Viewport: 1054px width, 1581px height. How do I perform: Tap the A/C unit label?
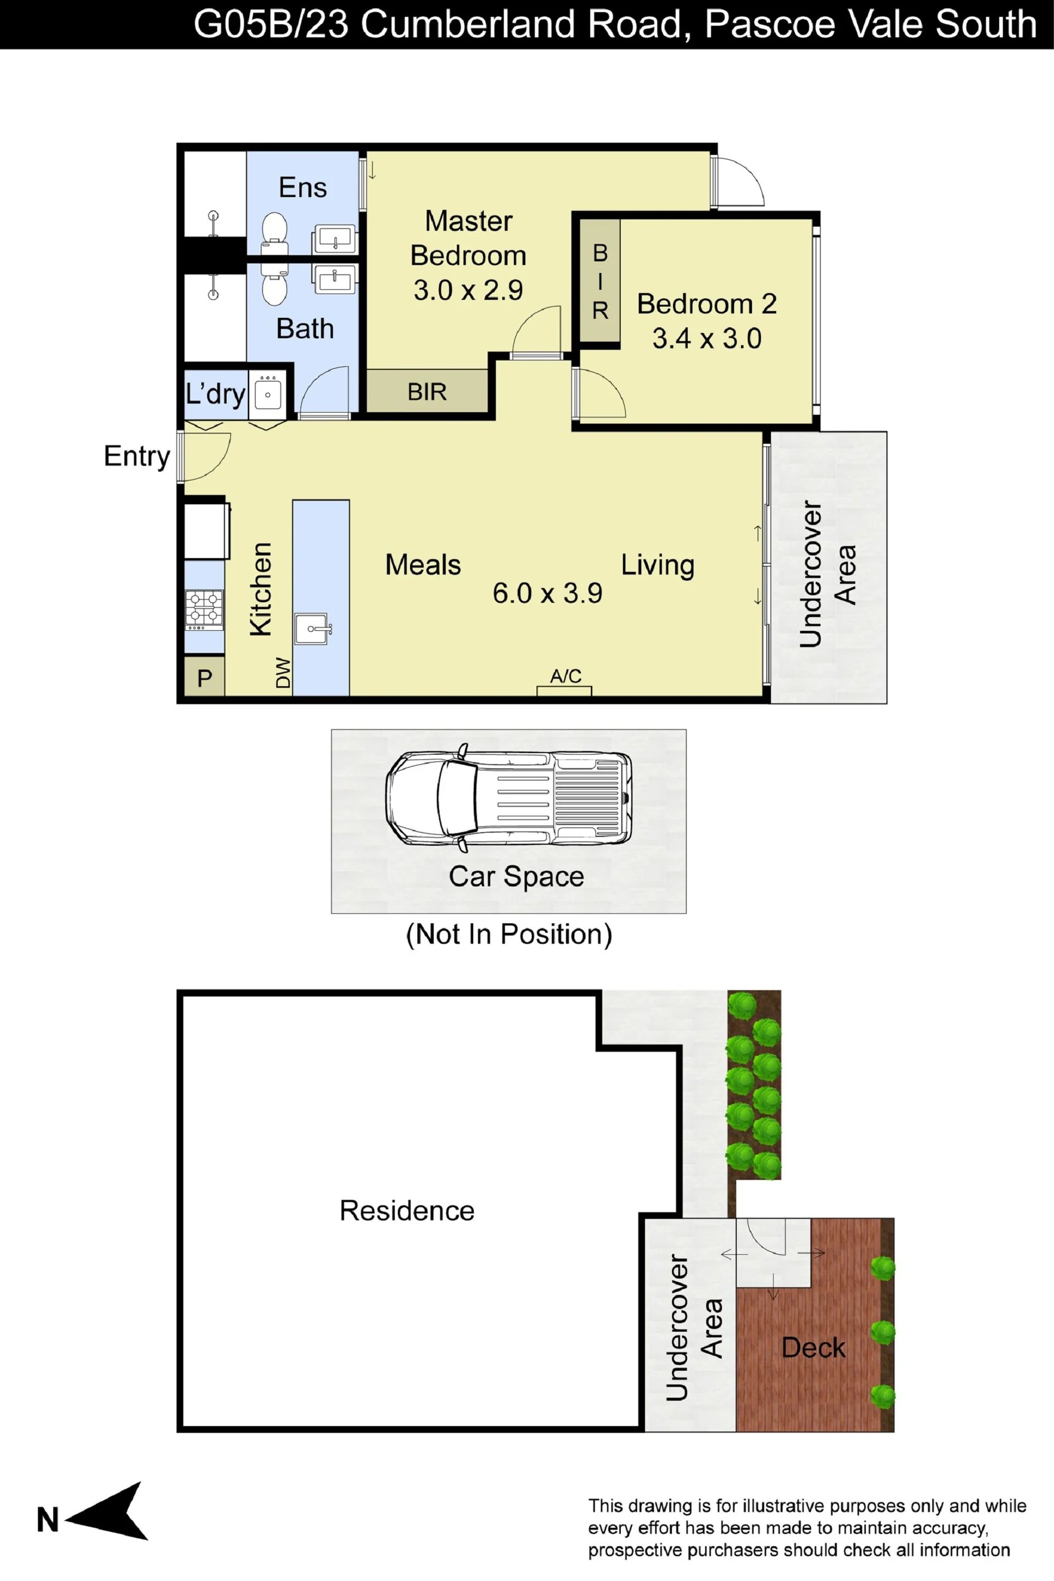point(565,676)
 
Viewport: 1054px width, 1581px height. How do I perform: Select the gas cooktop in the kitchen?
point(204,609)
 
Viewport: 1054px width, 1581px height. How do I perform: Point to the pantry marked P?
point(204,677)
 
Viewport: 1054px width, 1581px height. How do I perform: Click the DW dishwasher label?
point(283,673)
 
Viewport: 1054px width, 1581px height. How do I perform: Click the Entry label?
point(137,456)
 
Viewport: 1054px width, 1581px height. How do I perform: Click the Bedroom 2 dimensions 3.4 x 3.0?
point(707,338)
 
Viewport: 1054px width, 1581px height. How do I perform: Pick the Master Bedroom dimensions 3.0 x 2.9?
point(468,290)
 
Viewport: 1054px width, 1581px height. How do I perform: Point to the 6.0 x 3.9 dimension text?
point(547,593)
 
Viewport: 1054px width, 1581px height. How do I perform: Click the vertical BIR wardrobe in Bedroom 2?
point(599,281)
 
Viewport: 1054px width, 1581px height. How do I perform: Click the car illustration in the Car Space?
point(509,798)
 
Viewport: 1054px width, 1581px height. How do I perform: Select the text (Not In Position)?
point(509,934)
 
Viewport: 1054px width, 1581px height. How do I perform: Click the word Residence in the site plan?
point(407,1210)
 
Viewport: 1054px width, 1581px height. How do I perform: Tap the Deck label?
point(814,1348)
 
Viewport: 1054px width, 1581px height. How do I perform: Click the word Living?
point(658,565)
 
